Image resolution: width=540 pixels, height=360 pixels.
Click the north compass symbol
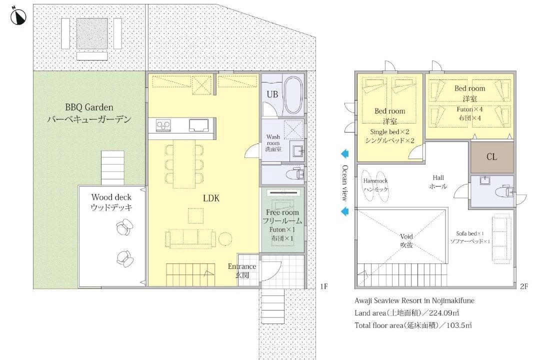pyautogui.click(x=18, y=16)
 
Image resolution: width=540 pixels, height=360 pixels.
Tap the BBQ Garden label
pyautogui.click(x=89, y=107)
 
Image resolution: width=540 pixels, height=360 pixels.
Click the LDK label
pyautogui.click(x=211, y=198)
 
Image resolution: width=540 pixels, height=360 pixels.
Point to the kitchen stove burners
pyautogui.click(x=163, y=125)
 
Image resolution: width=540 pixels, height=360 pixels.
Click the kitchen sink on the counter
pyautogui.click(x=198, y=125)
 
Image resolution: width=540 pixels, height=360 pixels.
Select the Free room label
pyautogui.click(x=282, y=212)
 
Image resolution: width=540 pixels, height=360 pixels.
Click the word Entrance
pyautogui.click(x=242, y=266)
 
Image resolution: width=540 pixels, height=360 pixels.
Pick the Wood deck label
pyautogui.click(x=111, y=197)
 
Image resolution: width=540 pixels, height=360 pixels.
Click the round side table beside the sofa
pyautogui.click(x=225, y=238)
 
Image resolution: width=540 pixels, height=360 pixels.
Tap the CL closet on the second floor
pyautogui.click(x=492, y=157)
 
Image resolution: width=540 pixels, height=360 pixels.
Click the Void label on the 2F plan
pyautogui.click(x=406, y=236)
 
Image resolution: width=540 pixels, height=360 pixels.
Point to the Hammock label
pyautogui.click(x=375, y=180)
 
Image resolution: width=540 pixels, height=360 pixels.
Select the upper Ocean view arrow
pyautogui.click(x=344, y=154)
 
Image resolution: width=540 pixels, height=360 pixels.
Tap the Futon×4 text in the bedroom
pyautogui.click(x=469, y=109)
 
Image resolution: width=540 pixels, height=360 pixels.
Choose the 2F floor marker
pyautogui.click(x=524, y=286)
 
